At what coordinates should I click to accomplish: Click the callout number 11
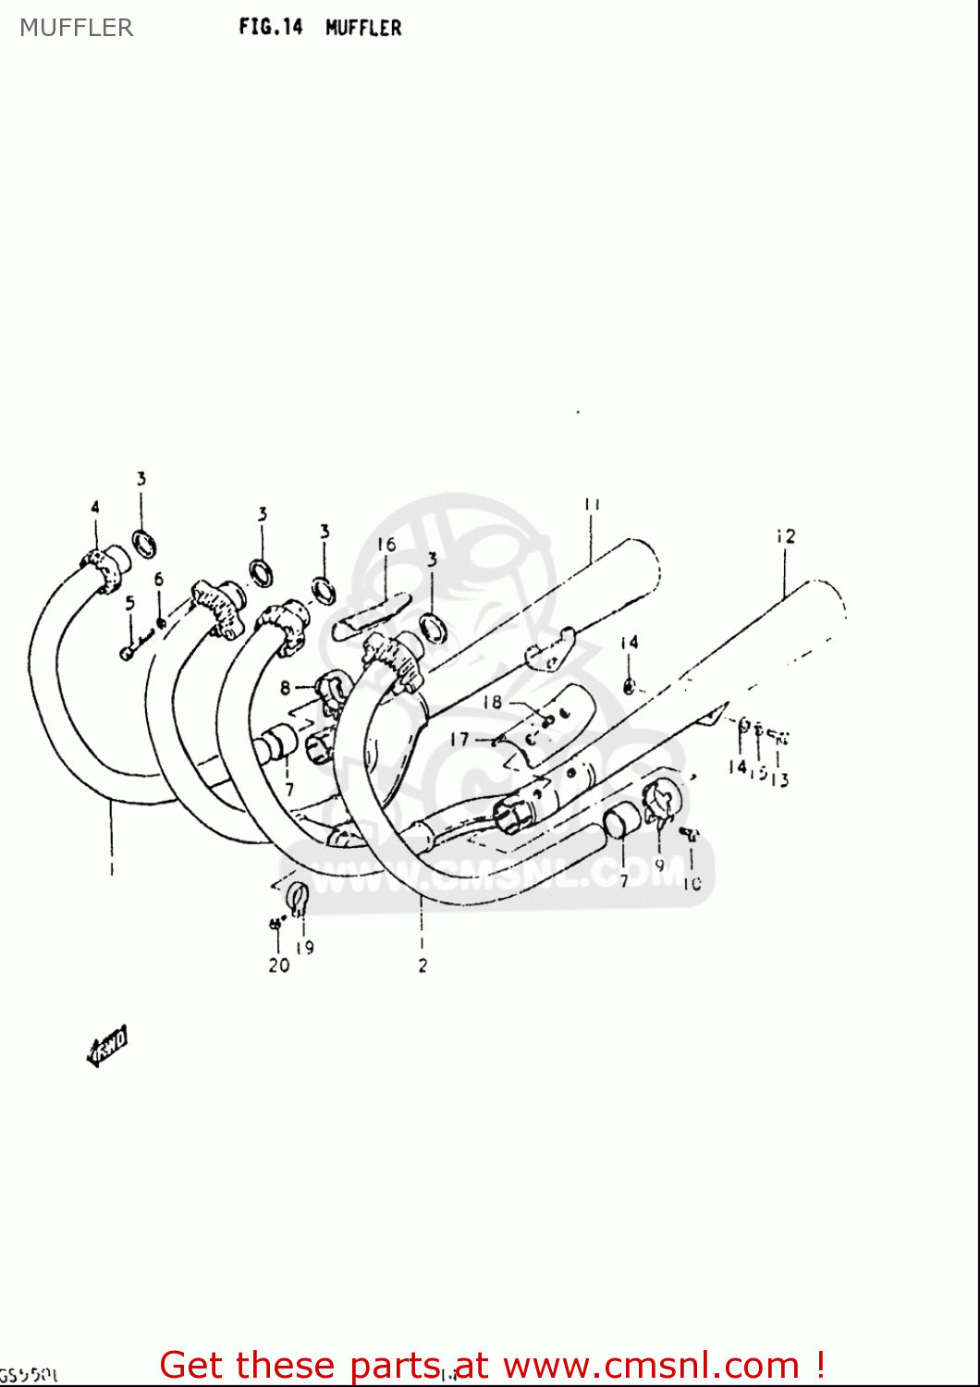click(x=592, y=505)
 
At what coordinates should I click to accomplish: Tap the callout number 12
click(x=786, y=536)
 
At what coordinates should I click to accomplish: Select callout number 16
click(x=386, y=545)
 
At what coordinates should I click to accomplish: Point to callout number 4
click(x=94, y=507)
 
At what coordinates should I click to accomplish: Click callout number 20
click(x=278, y=964)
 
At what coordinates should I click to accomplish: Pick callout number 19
click(x=305, y=947)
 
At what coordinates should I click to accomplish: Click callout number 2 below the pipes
click(x=423, y=965)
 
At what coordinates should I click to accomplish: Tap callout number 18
click(x=492, y=702)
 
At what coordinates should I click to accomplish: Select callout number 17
click(x=459, y=739)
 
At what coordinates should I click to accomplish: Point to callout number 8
click(x=285, y=688)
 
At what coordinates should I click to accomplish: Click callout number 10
click(x=692, y=883)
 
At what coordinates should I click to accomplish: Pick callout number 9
click(x=659, y=865)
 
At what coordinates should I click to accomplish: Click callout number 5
click(x=129, y=603)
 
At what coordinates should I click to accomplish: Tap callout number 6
click(x=159, y=580)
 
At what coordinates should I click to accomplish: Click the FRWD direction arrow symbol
click(x=107, y=1045)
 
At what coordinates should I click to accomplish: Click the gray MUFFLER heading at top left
click(x=77, y=28)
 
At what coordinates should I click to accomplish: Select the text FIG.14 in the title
click(x=271, y=27)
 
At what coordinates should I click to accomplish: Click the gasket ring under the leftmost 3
click(x=144, y=544)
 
